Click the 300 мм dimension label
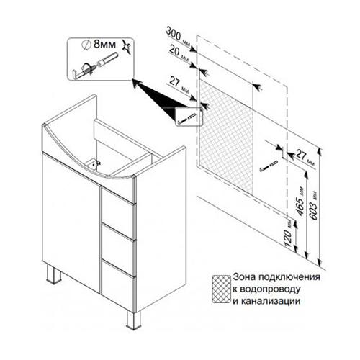pyautogui.click(x=178, y=37)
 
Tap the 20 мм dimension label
pyautogui.click(x=179, y=53)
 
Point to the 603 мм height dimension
pyautogui.click(x=315, y=205)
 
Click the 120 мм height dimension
pyautogui.click(x=289, y=233)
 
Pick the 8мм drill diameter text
pyautogui.click(x=104, y=44)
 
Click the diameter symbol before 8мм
pyautogui.click(x=86, y=45)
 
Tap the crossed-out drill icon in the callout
pyautogui.click(x=127, y=48)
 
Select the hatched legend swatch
pyautogui.click(x=221, y=289)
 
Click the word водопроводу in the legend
pyautogui.click(x=270, y=289)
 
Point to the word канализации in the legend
pyautogui.click(x=271, y=301)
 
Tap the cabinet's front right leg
pyautogui.click(x=133, y=320)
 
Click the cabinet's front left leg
pyautogui.click(x=53, y=274)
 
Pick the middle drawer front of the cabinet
pyautogui.click(x=118, y=250)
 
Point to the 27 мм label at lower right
pyautogui.click(x=305, y=157)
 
